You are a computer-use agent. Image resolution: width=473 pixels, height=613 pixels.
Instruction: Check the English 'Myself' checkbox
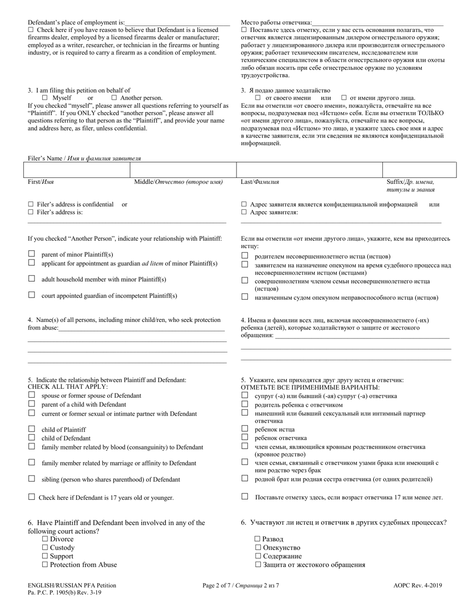(x=45, y=98)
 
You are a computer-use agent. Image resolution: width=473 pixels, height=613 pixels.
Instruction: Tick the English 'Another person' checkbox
(x=114, y=98)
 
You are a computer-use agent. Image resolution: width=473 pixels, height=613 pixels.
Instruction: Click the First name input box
(x=77, y=170)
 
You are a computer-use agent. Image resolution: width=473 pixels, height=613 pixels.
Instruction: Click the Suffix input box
(x=419, y=170)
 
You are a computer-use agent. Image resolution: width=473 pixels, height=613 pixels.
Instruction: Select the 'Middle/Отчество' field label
(x=178, y=182)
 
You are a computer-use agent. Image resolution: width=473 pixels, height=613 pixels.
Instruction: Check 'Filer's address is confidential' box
(x=31, y=204)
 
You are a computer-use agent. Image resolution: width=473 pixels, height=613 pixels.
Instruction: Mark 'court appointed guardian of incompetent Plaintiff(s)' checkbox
(x=31, y=295)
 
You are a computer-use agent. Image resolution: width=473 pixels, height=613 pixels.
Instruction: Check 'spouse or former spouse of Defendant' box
(x=31, y=395)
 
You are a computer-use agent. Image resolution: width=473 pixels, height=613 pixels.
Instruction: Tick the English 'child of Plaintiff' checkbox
(x=31, y=429)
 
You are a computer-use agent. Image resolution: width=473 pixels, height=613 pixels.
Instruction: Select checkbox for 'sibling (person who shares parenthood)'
(x=31, y=479)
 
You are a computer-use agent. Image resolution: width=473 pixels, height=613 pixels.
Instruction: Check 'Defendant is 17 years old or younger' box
(x=31, y=497)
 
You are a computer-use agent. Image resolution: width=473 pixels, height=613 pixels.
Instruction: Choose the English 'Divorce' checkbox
(x=45, y=539)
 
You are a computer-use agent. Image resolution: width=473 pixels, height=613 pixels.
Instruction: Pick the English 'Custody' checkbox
(x=45, y=548)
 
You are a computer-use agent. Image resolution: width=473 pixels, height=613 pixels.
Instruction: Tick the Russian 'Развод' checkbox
(x=257, y=539)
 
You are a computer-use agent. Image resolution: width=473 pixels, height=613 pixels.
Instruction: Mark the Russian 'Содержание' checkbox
(x=257, y=556)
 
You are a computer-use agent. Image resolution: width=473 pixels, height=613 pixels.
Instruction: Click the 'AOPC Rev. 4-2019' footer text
(x=417, y=586)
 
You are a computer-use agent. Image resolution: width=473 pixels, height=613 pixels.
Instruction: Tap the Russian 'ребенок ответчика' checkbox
(x=244, y=437)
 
